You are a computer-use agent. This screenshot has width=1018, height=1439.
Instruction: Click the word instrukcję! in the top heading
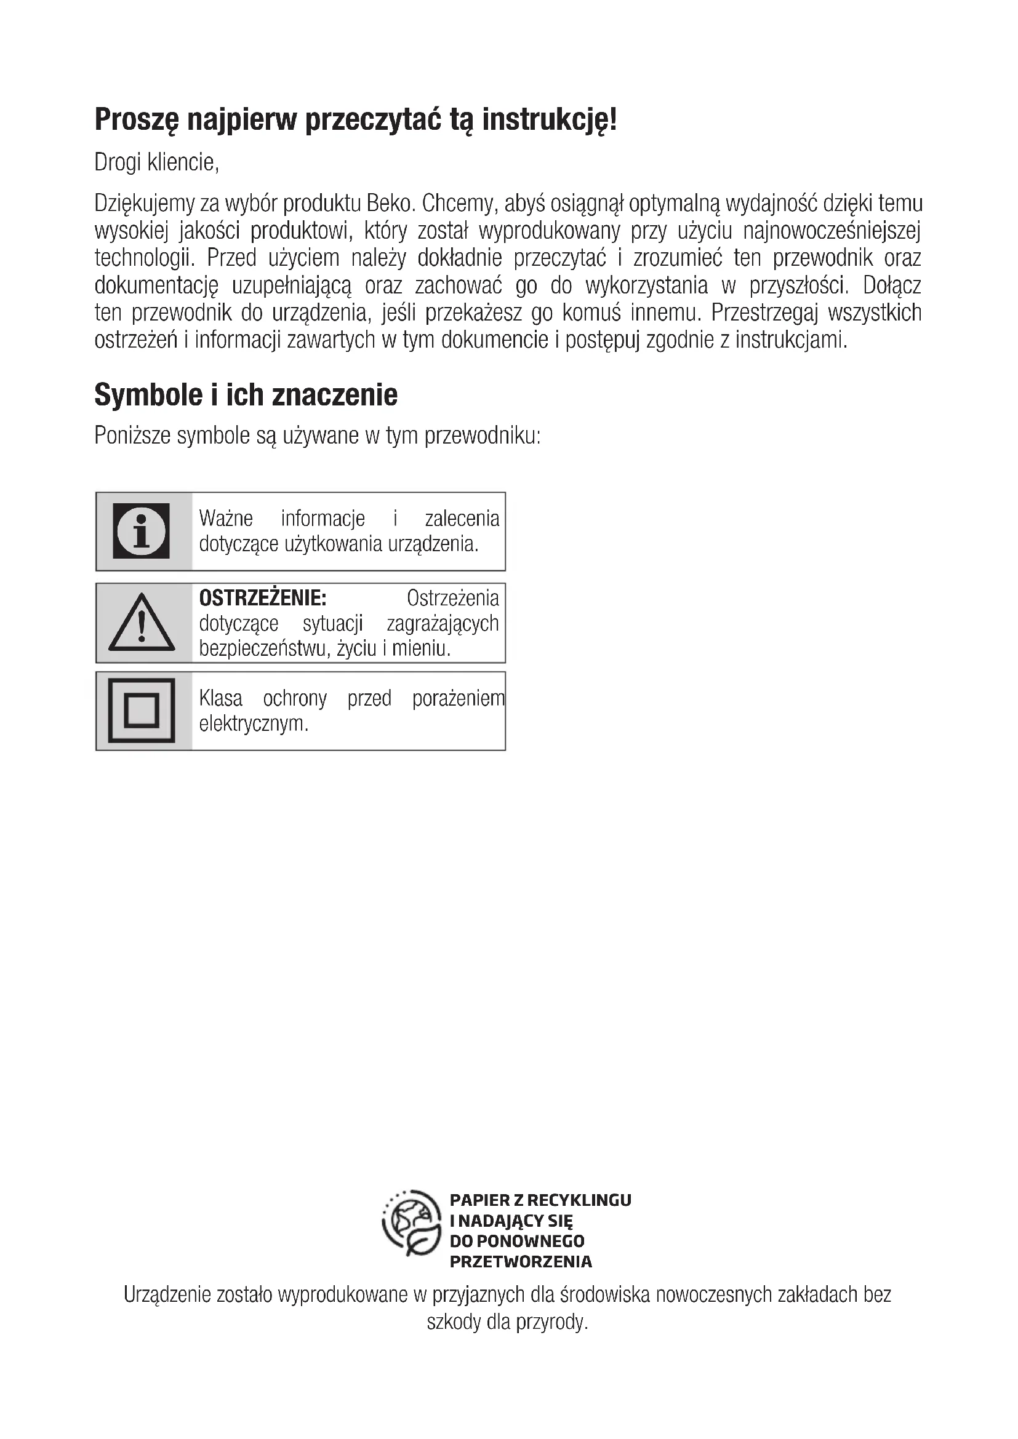[x=549, y=120]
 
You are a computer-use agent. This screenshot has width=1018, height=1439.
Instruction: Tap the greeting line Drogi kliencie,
[x=157, y=162]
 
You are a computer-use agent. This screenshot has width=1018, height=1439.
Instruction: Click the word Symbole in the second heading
[x=139, y=395]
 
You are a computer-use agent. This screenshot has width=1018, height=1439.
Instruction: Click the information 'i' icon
[x=142, y=531]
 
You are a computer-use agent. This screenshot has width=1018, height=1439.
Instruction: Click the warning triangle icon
[x=142, y=623]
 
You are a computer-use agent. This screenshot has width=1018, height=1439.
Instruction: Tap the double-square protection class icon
[x=142, y=711]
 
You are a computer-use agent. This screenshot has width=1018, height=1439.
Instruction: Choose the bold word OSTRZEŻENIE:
[x=263, y=598]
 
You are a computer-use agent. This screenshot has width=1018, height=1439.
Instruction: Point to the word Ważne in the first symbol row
[x=226, y=518]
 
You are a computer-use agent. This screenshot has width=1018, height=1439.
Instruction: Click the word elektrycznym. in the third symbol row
[x=254, y=724]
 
